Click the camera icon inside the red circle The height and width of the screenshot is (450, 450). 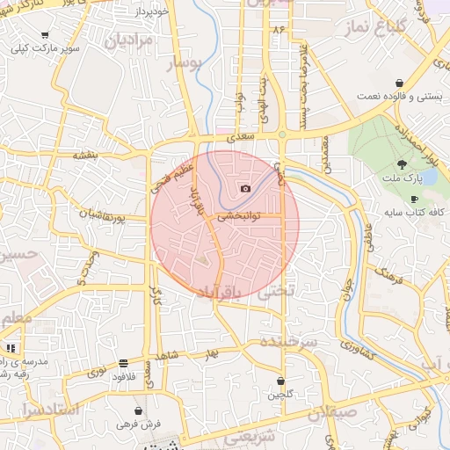click(x=245, y=189)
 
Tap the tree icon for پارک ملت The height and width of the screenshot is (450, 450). click(x=402, y=163)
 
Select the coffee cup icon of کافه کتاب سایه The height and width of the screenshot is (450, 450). click(x=414, y=200)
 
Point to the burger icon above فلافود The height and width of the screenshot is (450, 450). click(x=122, y=363)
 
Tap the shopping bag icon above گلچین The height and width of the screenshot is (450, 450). click(x=280, y=381)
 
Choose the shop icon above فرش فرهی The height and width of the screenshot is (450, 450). click(x=138, y=410)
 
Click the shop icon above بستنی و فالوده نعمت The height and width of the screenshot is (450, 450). click(x=400, y=82)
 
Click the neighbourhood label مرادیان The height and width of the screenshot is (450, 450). click(x=129, y=40)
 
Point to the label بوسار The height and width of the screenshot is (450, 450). click(x=187, y=62)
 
